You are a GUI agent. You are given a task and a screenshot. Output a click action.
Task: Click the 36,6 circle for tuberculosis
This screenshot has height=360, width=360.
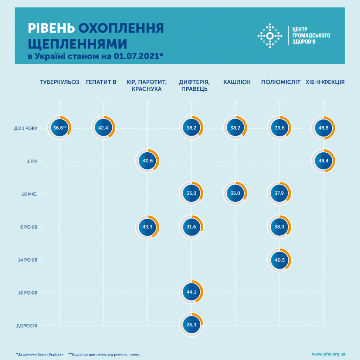pyautogui.click(x=59, y=128)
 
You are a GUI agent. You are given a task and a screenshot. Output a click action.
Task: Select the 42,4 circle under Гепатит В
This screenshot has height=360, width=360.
pyautogui.click(x=103, y=128)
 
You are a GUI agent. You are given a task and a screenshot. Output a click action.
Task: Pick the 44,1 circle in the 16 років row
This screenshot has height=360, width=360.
pyautogui.click(x=191, y=292)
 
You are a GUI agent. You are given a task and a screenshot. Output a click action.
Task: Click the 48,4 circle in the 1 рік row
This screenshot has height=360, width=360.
pyautogui.click(x=323, y=161)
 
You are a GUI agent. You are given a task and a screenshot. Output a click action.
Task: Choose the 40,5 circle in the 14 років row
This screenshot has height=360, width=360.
pyautogui.click(x=279, y=260)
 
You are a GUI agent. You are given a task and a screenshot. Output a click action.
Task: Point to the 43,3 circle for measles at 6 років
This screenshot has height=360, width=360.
pyautogui.click(x=147, y=227)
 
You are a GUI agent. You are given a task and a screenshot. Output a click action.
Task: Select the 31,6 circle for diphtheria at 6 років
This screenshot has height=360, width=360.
pyautogui.click(x=191, y=227)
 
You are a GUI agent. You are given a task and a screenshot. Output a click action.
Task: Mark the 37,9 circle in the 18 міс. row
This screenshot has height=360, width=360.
pyautogui.click(x=279, y=194)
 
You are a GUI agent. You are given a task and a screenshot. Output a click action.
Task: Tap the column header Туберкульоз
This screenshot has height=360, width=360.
pyautogui.click(x=59, y=82)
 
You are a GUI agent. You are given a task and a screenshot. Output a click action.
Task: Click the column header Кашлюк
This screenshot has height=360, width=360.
pyautogui.click(x=237, y=82)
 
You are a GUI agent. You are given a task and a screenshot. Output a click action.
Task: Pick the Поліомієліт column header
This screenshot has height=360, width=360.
pyautogui.click(x=281, y=82)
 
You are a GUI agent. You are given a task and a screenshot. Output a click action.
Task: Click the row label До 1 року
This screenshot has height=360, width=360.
pyautogui.click(x=25, y=128)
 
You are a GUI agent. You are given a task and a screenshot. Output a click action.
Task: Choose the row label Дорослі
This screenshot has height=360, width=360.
pyautogui.click(x=27, y=326)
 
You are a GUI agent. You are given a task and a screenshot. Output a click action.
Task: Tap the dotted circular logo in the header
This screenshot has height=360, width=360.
pyautogui.click(x=270, y=36)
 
